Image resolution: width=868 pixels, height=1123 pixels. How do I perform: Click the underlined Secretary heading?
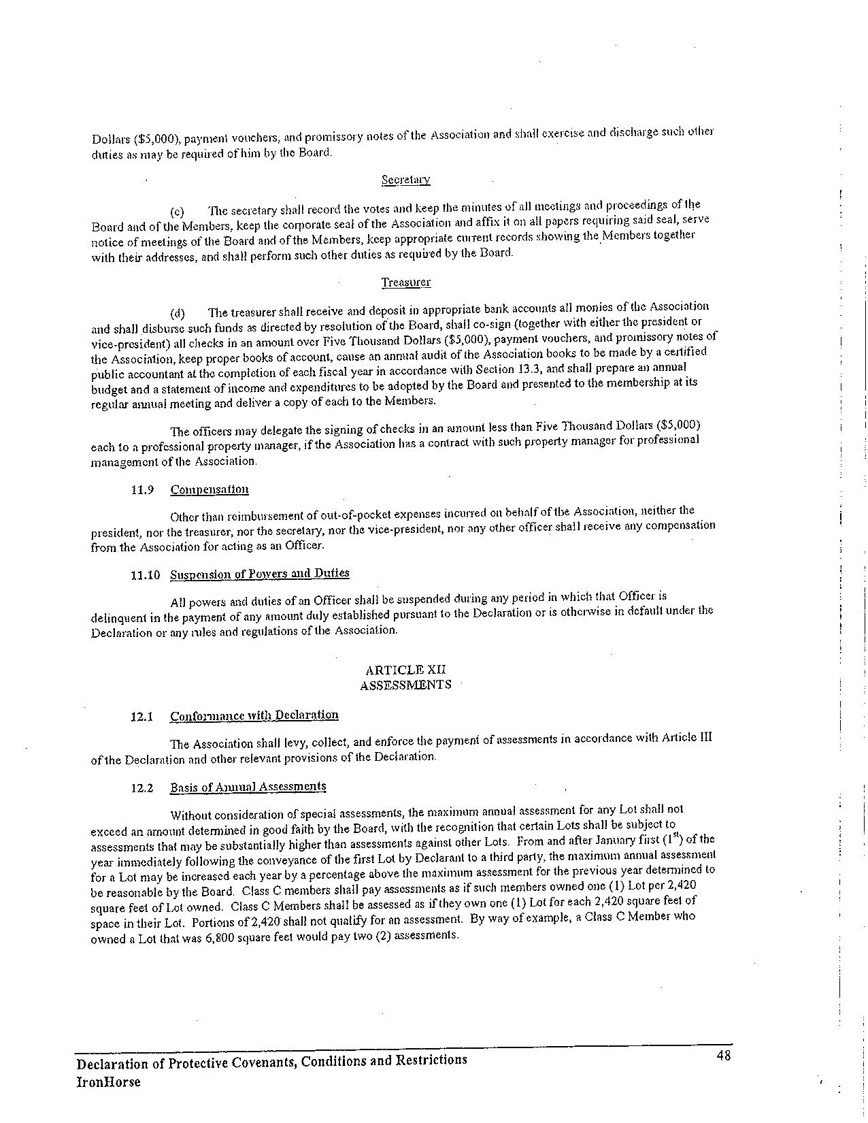pos(405,180)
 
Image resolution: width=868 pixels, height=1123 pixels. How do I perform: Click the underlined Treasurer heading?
pos(405,282)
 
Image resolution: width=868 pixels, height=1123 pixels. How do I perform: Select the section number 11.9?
pos(142,490)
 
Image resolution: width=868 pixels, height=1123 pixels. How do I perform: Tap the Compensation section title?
pos(210,489)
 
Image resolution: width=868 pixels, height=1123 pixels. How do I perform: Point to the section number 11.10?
pos(145,575)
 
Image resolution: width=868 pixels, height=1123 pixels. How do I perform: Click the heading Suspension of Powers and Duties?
pos(259,574)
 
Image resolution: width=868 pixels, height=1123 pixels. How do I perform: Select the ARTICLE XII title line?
pos(405,670)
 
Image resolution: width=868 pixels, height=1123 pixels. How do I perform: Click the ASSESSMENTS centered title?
pos(405,685)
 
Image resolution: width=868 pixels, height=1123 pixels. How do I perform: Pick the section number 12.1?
pos(142,716)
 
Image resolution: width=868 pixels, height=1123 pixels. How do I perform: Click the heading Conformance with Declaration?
pos(254,715)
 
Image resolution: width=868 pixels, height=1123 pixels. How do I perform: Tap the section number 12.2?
pos(142,788)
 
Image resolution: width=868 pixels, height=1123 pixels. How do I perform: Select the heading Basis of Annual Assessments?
pos(248,787)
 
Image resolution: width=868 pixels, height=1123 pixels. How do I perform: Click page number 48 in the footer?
pos(723,1056)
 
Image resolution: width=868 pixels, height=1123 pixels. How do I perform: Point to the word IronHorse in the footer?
pos(108,1082)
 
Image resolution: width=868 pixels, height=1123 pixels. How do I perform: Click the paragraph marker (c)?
pos(177,212)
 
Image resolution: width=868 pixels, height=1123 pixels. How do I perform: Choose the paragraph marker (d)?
pos(177,314)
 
